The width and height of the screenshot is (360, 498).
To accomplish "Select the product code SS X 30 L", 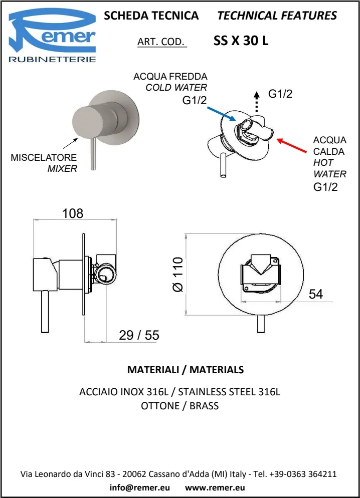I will click(x=241, y=42).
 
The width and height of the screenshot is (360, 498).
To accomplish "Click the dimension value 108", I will click(x=73, y=213).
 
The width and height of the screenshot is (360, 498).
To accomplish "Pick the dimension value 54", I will click(x=315, y=294).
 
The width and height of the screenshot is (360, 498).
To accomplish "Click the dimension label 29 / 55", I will click(x=139, y=335).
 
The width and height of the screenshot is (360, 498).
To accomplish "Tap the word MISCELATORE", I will click(x=44, y=158).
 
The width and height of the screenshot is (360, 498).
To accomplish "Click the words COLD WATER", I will click(x=176, y=88).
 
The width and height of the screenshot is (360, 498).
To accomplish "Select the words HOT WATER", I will click(x=330, y=168).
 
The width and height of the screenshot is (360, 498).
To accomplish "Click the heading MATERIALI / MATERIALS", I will click(x=186, y=370).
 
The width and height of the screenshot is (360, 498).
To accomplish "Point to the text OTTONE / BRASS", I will click(x=180, y=406).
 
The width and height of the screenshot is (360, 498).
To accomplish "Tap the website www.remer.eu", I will click(x=215, y=486).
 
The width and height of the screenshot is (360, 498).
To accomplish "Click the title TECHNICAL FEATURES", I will click(x=277, y=16).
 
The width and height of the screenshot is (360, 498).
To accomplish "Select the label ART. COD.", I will click(x=161, y=42).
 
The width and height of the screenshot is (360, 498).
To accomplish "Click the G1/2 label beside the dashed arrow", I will click(x=280, y=94).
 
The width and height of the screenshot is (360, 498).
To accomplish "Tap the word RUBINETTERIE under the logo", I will click(x=53, y=60).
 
